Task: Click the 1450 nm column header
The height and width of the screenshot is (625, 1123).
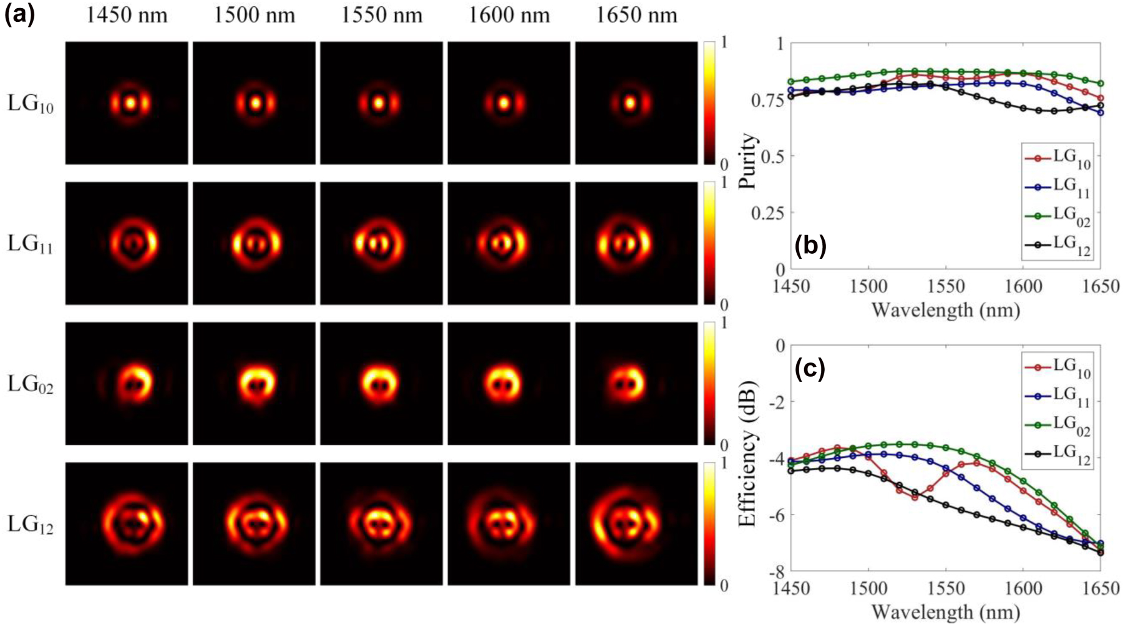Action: tap(127, 14)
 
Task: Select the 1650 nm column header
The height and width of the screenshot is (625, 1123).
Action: tap(636, 14)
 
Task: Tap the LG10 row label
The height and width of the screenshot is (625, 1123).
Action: tap(30, 104)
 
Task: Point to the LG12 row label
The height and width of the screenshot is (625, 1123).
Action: tap(30, 525)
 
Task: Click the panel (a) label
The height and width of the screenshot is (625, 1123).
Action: tap(19, 13)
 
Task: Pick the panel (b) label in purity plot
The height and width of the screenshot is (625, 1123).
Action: tap(810, 246)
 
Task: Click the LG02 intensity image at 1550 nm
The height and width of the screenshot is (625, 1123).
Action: tap(381, 383)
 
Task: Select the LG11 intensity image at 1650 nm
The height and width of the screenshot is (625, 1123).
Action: tap(636, 243)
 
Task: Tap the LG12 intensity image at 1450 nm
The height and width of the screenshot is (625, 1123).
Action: tap(127, 523)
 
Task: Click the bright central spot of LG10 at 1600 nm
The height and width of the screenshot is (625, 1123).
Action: tap(503, 103)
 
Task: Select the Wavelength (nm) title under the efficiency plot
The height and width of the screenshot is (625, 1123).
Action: tap(945, 611)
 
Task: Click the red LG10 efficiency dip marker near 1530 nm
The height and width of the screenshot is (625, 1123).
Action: tap(915, 497)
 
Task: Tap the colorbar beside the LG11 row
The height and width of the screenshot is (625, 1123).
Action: tap(709, 243)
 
